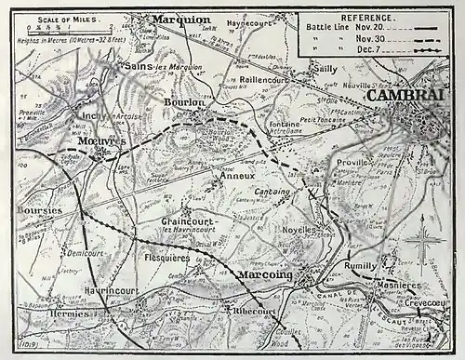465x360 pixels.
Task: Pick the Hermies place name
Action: click(x=46, y=313)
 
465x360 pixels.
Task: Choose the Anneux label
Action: click(x=230, y=174)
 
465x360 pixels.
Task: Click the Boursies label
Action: click(x=39, y=210)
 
